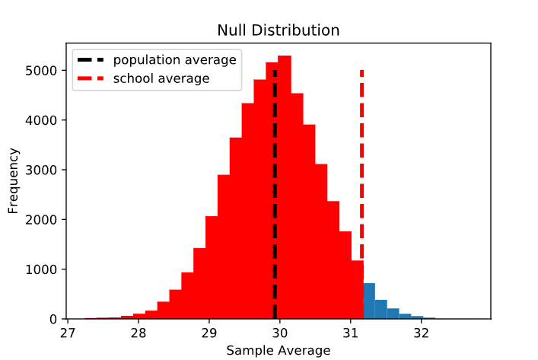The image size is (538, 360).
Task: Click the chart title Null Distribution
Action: click(279, 30)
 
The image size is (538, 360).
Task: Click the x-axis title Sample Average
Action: click(279, 350)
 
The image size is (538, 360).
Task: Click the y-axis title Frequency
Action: click(14, 186)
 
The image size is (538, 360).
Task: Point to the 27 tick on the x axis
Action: click(68, 333)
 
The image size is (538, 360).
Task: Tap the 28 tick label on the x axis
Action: click(138, 333)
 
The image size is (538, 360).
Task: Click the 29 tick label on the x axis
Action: click(209, 333)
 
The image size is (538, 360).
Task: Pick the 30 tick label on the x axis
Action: click(280, 333)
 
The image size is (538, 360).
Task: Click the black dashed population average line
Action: click(275, 228)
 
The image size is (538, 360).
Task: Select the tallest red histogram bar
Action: click(285, 190)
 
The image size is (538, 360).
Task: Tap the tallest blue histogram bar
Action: click(369, 301)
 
